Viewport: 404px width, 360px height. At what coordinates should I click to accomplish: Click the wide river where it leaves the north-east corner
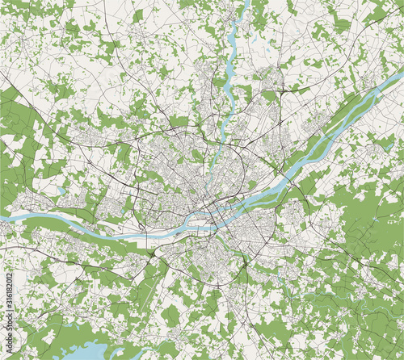396,77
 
